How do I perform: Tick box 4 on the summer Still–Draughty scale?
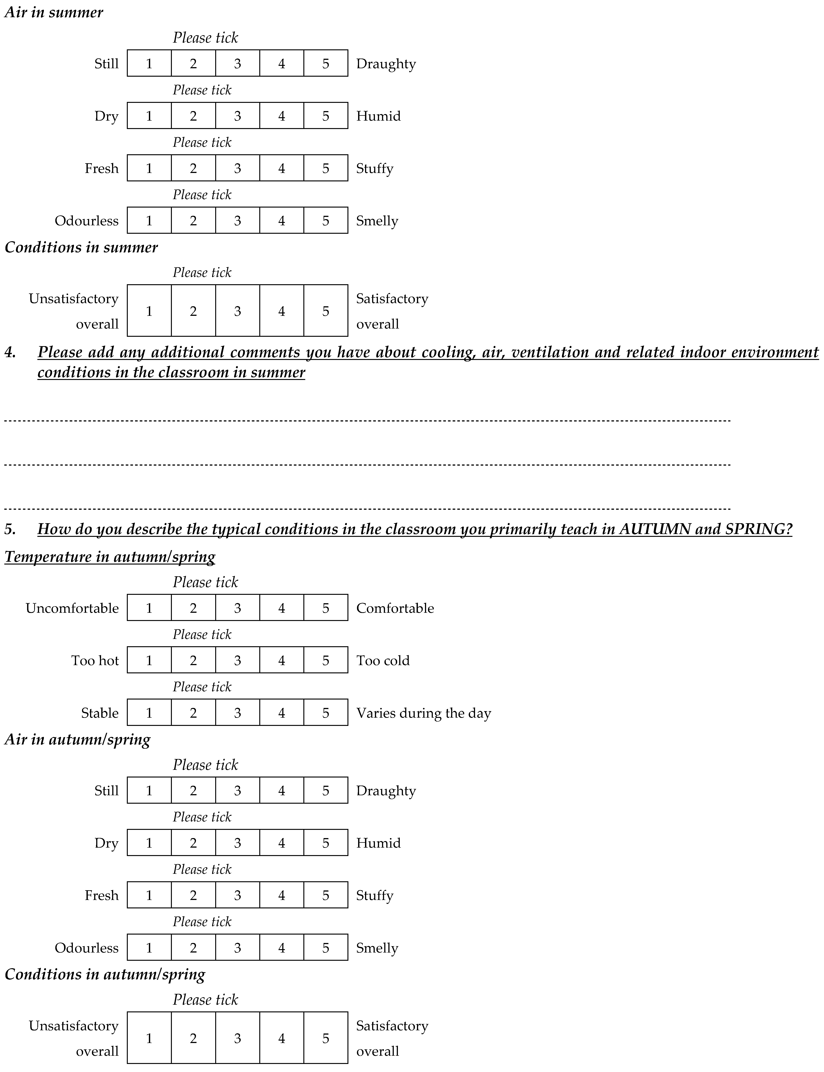(x=282, y=63)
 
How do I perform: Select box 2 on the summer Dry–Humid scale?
(x=193, y=116)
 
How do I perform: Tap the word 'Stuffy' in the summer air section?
(x=375, y=168)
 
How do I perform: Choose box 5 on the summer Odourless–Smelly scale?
(x=326, y=220)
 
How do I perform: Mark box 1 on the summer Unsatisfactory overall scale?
(x=149, y=311)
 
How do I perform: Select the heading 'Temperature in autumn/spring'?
(x=110, y=557)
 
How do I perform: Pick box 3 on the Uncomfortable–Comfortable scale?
(x=237, y=608)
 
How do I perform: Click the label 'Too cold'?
(x=383, y=660)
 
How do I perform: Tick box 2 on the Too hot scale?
(x=193, y=660)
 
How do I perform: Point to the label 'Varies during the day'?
(x=423, y=713)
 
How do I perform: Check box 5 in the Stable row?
(x=326, y=713)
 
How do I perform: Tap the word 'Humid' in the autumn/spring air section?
(x=378, y=843)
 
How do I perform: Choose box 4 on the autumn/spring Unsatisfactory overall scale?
(x=282, y=1038)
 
